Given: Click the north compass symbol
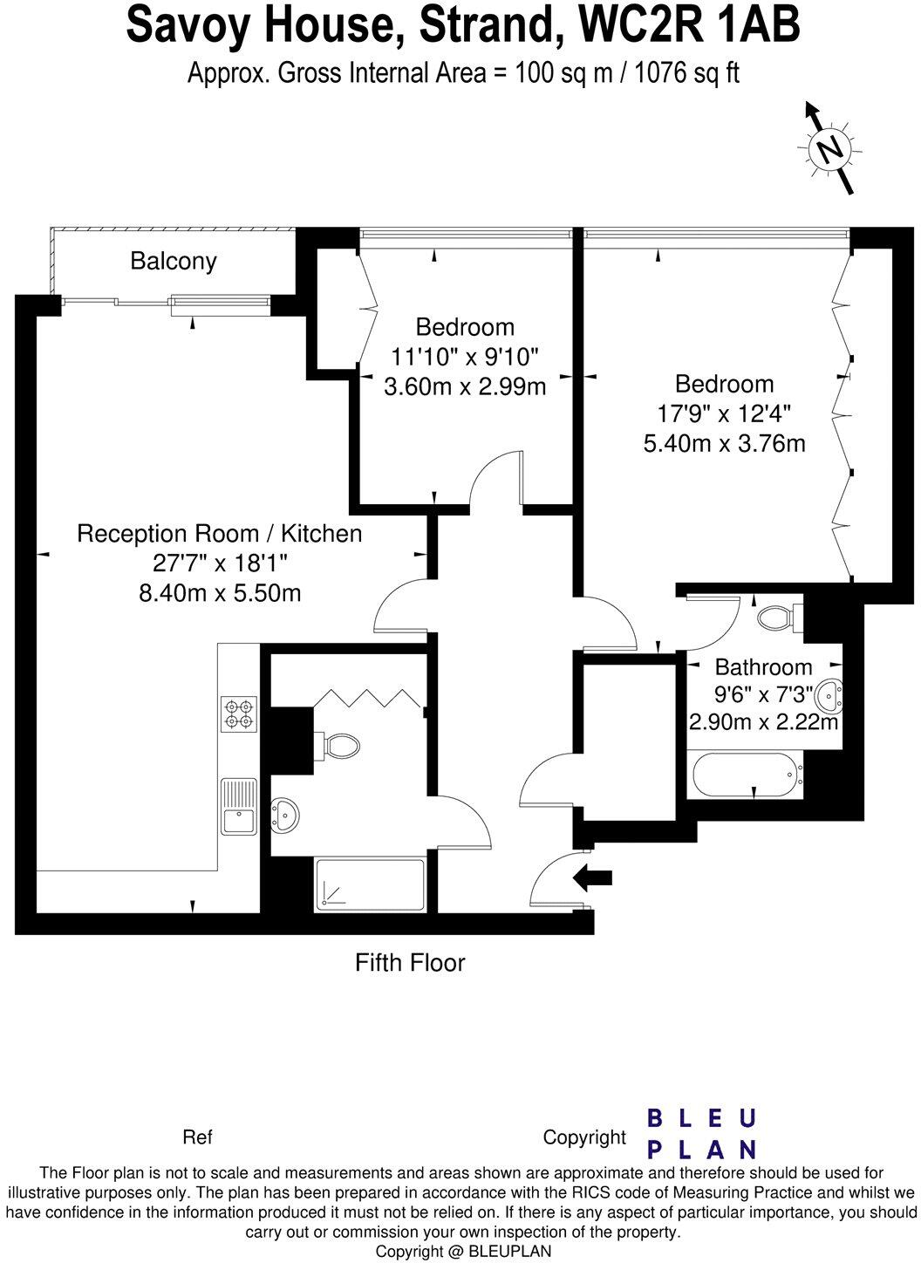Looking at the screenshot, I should (829, 149).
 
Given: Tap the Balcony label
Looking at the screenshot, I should (174, 261).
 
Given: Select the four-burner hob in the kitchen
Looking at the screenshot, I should (238, 713).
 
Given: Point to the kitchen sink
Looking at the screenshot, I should (238, 807).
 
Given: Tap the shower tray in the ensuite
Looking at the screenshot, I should (370, 885).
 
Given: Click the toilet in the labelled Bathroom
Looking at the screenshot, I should (775, 618).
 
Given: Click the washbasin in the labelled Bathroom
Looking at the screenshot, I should (829, 695).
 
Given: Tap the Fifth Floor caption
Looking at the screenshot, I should (410, 963).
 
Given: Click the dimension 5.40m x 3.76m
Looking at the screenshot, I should (724, 443).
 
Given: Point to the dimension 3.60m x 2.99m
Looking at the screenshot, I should (465, 386).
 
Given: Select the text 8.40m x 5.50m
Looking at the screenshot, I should (220, 593).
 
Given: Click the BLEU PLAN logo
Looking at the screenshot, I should (701, 1133).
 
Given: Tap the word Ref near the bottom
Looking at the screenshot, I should (197, 1137).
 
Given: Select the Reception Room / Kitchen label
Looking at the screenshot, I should (220, 533).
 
